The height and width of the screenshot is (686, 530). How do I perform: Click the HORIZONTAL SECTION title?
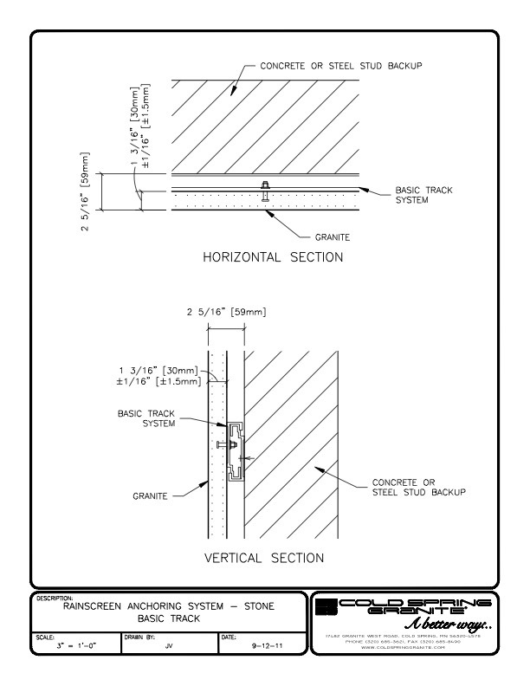[x=272, y=257]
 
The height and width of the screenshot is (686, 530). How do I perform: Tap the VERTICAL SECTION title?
[x=263, y=558]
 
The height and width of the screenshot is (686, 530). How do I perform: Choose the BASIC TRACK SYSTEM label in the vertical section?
[x=146, y=418]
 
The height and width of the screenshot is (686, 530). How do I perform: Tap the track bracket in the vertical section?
[x=236, y=451]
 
